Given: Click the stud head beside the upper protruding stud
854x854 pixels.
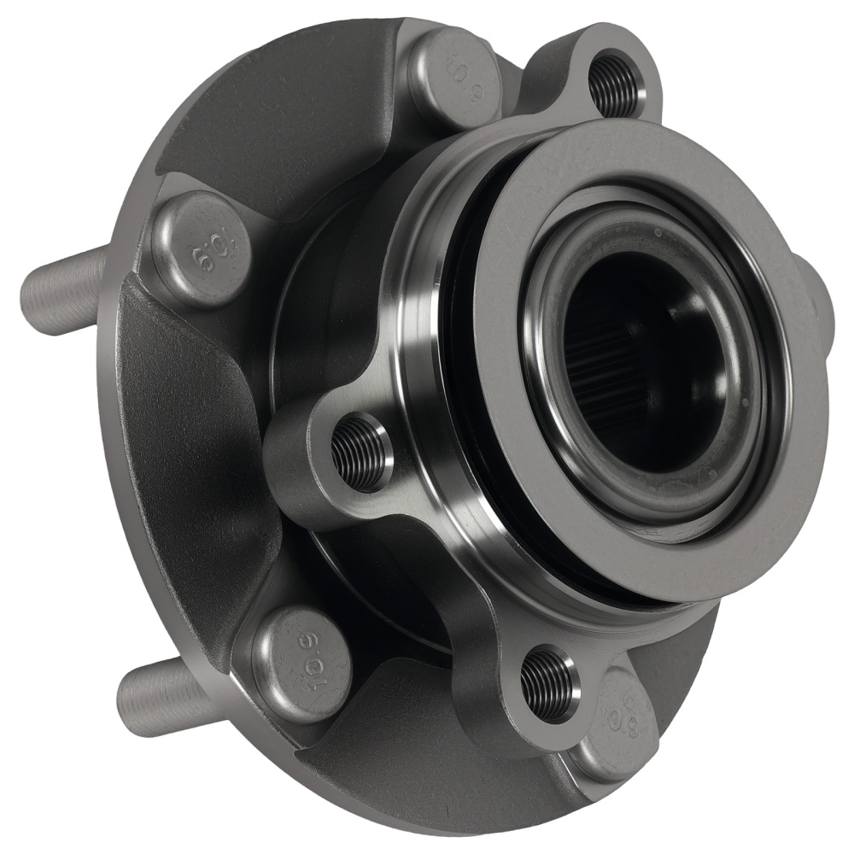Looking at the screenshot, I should [x=202, y=249].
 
